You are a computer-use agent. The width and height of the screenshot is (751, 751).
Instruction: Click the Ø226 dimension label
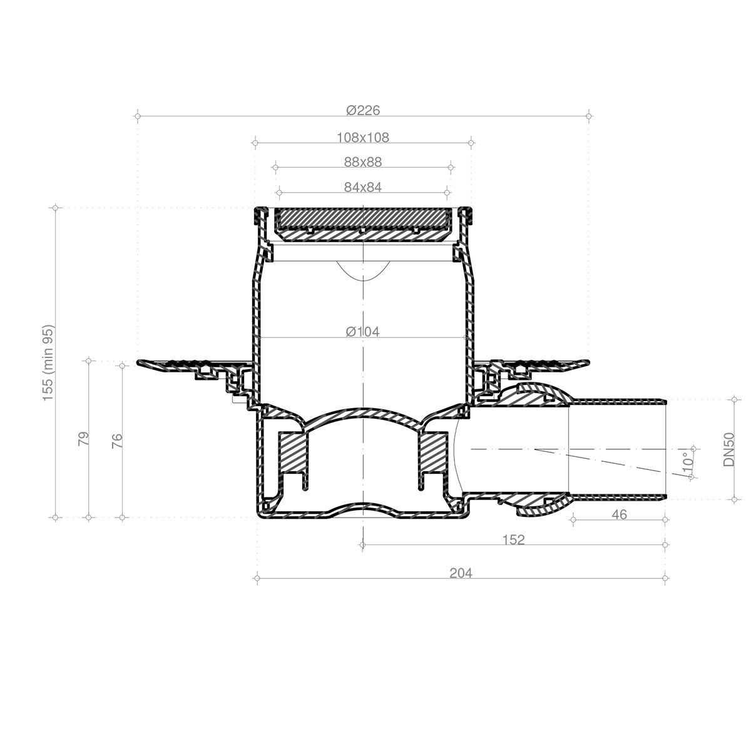tap(363, 110)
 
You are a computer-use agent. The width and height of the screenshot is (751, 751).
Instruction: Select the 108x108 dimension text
tap(363, 137)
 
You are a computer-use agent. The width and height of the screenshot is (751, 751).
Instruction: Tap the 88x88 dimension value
tap(363, 162)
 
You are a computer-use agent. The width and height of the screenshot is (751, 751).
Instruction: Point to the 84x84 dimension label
tap(363, 186)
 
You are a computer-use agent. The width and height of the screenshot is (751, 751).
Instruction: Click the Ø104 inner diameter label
tap(363, 332)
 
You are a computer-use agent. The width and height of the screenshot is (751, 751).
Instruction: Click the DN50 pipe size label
tap(729, 449)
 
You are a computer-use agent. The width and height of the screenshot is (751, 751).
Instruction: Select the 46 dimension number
tap(618, 514)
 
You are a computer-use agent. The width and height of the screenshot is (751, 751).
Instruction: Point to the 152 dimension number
tap(513, 539)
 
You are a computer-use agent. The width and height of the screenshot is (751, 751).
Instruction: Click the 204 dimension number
tap(461, 573)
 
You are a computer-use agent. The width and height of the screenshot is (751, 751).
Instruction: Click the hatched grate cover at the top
tap(363, 218)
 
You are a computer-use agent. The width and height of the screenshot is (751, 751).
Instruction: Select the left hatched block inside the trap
tap(293, 452)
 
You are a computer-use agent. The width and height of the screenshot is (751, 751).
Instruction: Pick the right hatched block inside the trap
tap(432, 452)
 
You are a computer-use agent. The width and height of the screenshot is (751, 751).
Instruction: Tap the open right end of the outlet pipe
tap(665, 449)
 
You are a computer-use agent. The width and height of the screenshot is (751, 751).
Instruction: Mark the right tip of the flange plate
tap(586, 361)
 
